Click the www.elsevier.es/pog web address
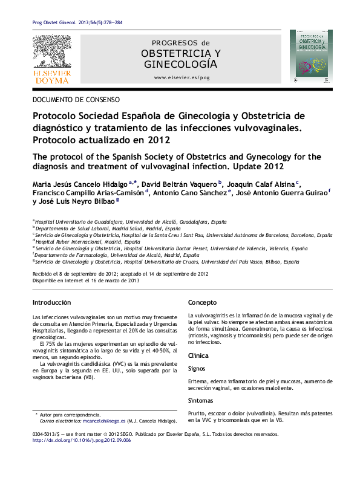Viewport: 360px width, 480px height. pyautogui.click(x=181, y=77)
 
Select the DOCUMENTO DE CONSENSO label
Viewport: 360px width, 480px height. pyautogui.click(x=76, y=100)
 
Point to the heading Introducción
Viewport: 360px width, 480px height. pyautogui.click(x=51, y=302)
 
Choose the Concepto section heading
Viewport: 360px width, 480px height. pyautogui.click(x=203, y=302)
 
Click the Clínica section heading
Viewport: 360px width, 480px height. pyautogui.click(x=199, y=356)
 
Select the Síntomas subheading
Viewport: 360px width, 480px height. pyautogui.click(x=200, y=401)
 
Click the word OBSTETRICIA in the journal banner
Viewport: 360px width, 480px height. pyautogui.click(x=181, y=53)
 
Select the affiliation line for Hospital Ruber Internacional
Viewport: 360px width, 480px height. pyautogui.click(x=78, y=240)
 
